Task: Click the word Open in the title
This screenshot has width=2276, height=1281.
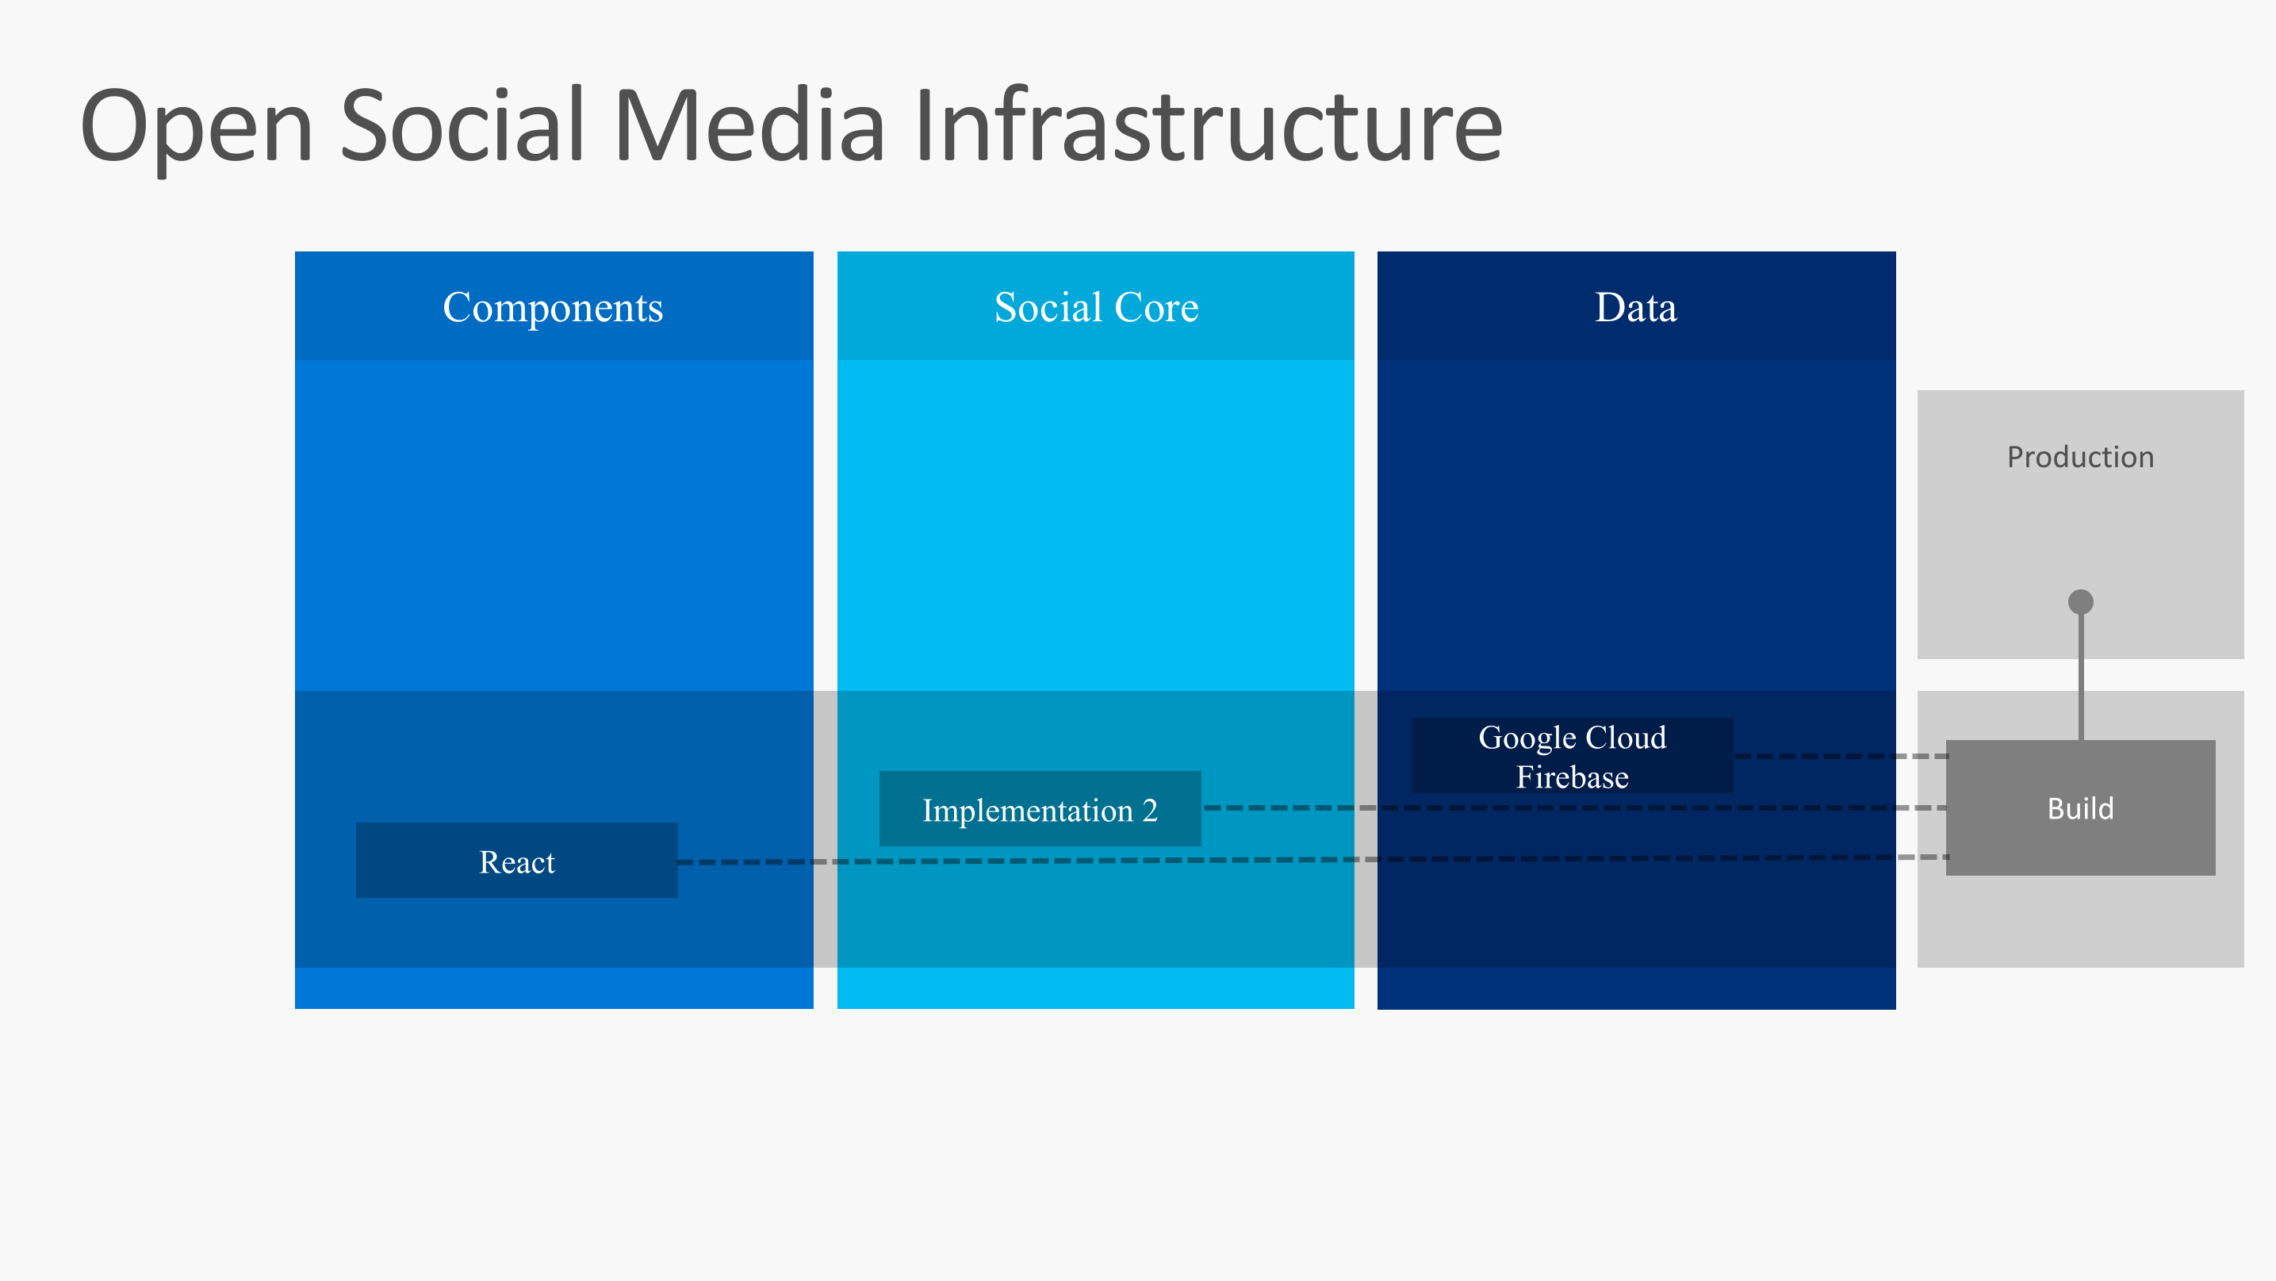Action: tap(196, 128)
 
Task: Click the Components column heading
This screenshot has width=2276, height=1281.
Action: tap(553, 308)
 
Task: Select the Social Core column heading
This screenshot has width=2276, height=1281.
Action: tap(1096, 308)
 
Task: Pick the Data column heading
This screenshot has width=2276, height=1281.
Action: tap(1635, 308)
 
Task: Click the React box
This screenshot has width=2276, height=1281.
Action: tap(517, 861)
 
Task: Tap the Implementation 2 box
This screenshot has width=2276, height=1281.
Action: tap(1040, 809)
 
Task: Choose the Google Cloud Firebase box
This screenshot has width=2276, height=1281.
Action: tap(1572, 756)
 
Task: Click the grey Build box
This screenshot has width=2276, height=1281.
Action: tap(2080, 807)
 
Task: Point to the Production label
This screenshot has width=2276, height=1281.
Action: tap(2080, 457)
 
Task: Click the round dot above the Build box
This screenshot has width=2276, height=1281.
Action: tap(2081, 601)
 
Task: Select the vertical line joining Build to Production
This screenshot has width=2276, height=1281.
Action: tap(2081, 676)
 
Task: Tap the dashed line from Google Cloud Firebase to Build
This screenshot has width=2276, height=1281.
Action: tap(1837, 756)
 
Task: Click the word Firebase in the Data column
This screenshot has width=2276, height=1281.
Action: tap(1572, 777)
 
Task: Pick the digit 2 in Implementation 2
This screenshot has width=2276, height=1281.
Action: tap(1149, 810)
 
